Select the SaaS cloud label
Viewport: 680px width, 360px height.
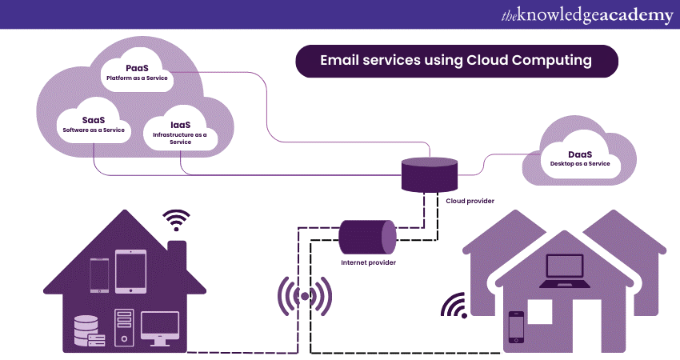[x=94, y=125]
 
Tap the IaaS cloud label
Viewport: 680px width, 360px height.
[x=180, y=130]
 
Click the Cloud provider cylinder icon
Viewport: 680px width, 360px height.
[x=429, y=174]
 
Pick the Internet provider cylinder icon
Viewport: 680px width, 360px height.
[x=367, y=235]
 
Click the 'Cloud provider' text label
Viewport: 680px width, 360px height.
[x=470, y=201]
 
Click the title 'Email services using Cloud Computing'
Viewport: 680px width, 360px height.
[x=456, y=61]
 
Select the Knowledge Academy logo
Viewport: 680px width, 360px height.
[x=588, y=16]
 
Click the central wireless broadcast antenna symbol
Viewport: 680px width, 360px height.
[x=304, y=298]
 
